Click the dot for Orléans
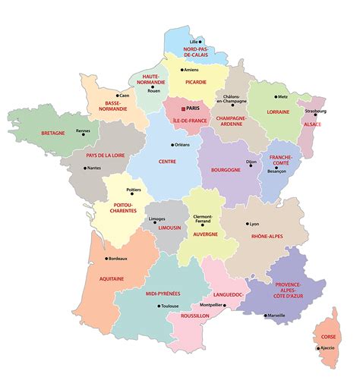pyautogui.click(x=172, y=145)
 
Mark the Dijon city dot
pyautogui.click(x=246, y=162)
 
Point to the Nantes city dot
pyautogui.click(x=83, y=168)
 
